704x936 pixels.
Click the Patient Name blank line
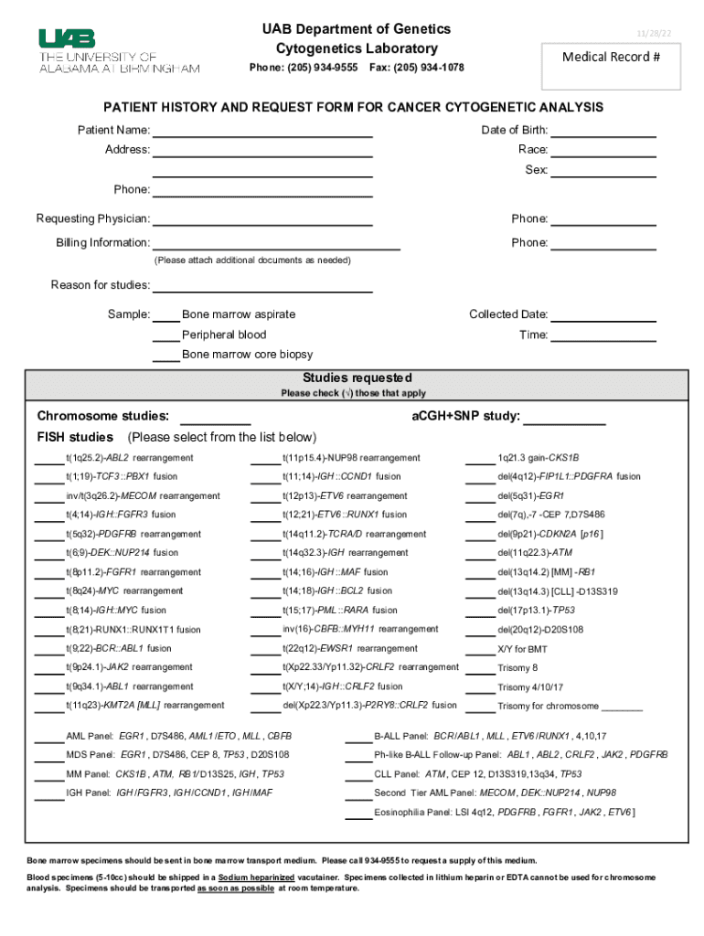point(262,131)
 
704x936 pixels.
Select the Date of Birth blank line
point(603,131)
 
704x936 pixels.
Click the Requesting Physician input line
point(262,219)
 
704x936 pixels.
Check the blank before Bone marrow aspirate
point(165,315)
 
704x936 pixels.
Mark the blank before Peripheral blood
point(165,335)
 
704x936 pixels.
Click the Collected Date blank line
point(603,315)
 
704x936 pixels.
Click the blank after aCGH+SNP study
point(563,419)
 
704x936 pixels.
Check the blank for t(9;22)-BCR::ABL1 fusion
point(48,650)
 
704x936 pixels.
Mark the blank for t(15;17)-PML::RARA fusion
point(265,612)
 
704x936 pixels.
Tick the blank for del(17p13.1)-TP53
point(479,612)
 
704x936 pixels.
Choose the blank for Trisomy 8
point(479,669)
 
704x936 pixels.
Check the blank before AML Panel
point(48,737)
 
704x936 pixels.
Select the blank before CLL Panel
point(358,775)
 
